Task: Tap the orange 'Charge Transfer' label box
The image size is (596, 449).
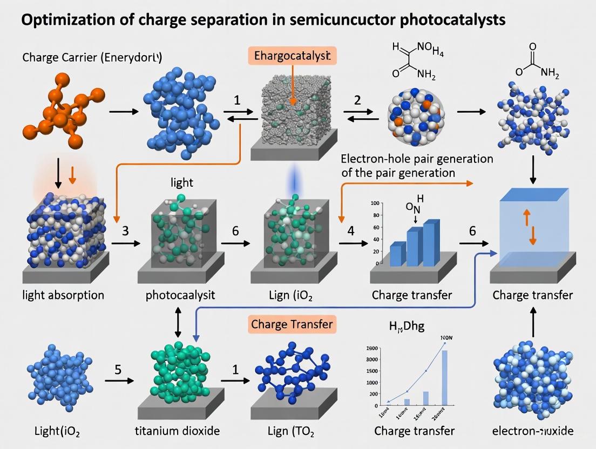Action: pos(292,324)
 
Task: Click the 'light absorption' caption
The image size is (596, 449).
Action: pos(63,295)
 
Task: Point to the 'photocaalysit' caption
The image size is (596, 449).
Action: pos(180,295)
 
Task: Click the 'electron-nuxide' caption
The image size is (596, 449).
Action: pos(533,431)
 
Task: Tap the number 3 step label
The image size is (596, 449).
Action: pos(125,230)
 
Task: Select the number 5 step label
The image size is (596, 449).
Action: pos(118,370)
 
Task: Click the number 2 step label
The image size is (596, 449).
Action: pos(357,99)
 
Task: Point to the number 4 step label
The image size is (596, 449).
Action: pos(351,230)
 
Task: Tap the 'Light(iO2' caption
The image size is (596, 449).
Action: pos(54,431)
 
